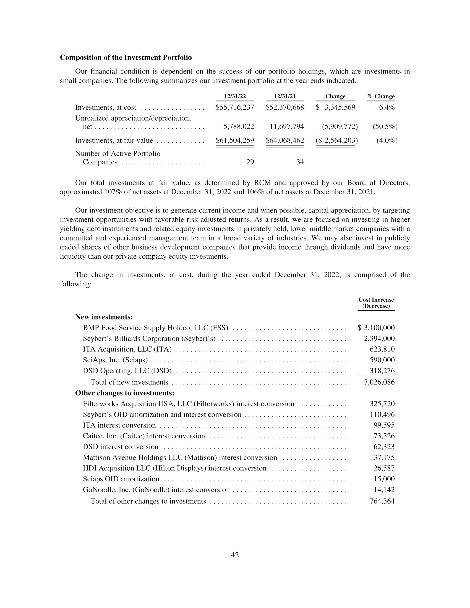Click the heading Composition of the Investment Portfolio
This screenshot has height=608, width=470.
(126, 58)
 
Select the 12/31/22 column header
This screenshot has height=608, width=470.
(235, 96)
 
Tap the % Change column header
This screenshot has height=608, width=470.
(381, 96)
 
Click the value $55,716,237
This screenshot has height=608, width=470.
(235, 108)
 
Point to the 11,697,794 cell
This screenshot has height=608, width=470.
(287, 127)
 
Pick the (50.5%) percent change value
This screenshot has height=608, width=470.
(385, 127)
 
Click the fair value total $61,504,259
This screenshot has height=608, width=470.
(235, 140)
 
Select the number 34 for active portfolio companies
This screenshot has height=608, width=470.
(300, 162)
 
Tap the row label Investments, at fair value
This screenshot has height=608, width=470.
(114, 140)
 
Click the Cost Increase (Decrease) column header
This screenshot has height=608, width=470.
(376, 303)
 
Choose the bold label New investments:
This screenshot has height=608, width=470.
(104, 317)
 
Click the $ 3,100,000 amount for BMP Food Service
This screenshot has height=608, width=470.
(376, 328)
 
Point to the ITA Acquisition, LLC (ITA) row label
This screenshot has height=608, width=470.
(127, 349)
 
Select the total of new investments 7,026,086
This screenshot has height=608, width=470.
(379, 382)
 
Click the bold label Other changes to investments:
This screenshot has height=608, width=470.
(125, 393)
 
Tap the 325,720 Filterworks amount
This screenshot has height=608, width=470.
(382, 404)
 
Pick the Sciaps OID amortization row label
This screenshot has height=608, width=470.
(121, 479)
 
